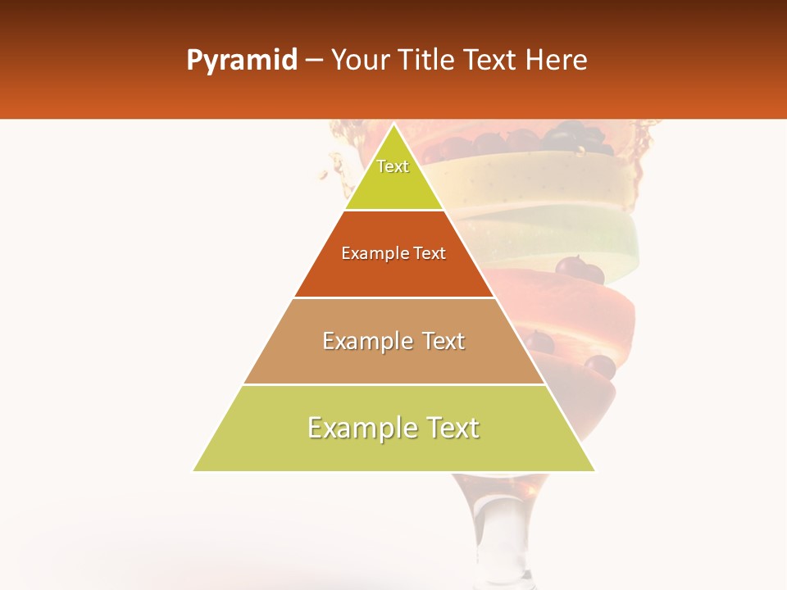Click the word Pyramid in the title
pos(241,61)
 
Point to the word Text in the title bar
pos(491,61)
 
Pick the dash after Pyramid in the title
pos(314,61)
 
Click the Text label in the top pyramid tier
pos(393,166)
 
